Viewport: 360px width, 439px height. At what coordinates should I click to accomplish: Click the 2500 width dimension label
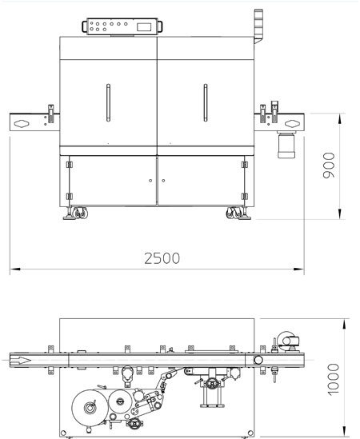[x=162, y=258]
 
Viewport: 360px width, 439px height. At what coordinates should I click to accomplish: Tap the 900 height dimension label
[x=329, y=166]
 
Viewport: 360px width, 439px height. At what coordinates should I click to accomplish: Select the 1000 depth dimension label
[x=333, y=379]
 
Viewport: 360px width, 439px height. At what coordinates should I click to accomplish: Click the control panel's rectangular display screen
[x=144, y=27]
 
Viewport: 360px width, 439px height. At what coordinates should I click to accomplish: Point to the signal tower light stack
[x=258, y=26]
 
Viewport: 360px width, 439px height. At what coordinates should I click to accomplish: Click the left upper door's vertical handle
[x=108, y=102]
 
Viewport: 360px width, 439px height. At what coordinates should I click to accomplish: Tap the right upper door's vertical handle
[x=206, y=102]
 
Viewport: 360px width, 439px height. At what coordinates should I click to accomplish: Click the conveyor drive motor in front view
[x=286, y=145]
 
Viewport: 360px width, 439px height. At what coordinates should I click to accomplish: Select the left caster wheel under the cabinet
[x=79, y=213]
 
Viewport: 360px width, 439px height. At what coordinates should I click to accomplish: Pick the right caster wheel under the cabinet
[x=234, y=213]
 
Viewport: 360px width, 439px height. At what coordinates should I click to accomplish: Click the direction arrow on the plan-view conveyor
[x=20, y=360]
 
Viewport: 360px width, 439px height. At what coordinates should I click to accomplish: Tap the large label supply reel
[x=90, y=408]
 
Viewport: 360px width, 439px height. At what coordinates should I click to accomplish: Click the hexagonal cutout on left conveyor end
[x=22, y=124]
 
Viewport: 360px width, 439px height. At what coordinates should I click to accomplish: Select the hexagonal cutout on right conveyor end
[x=292, y=124]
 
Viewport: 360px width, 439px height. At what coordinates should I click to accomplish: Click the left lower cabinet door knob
[x=150, y=181]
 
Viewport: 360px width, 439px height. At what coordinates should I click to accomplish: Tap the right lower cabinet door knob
[x=163, y=181]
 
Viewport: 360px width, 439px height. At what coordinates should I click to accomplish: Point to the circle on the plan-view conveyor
[x=258, y=360]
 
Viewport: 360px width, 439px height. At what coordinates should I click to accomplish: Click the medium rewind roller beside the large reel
[x=120, y=401]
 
